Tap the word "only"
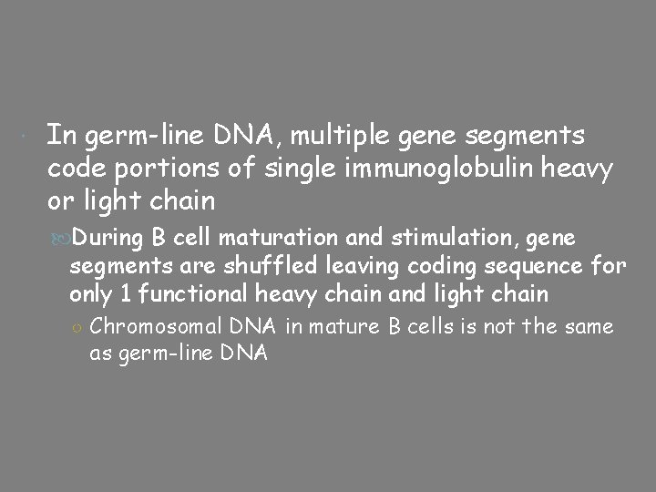87,293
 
